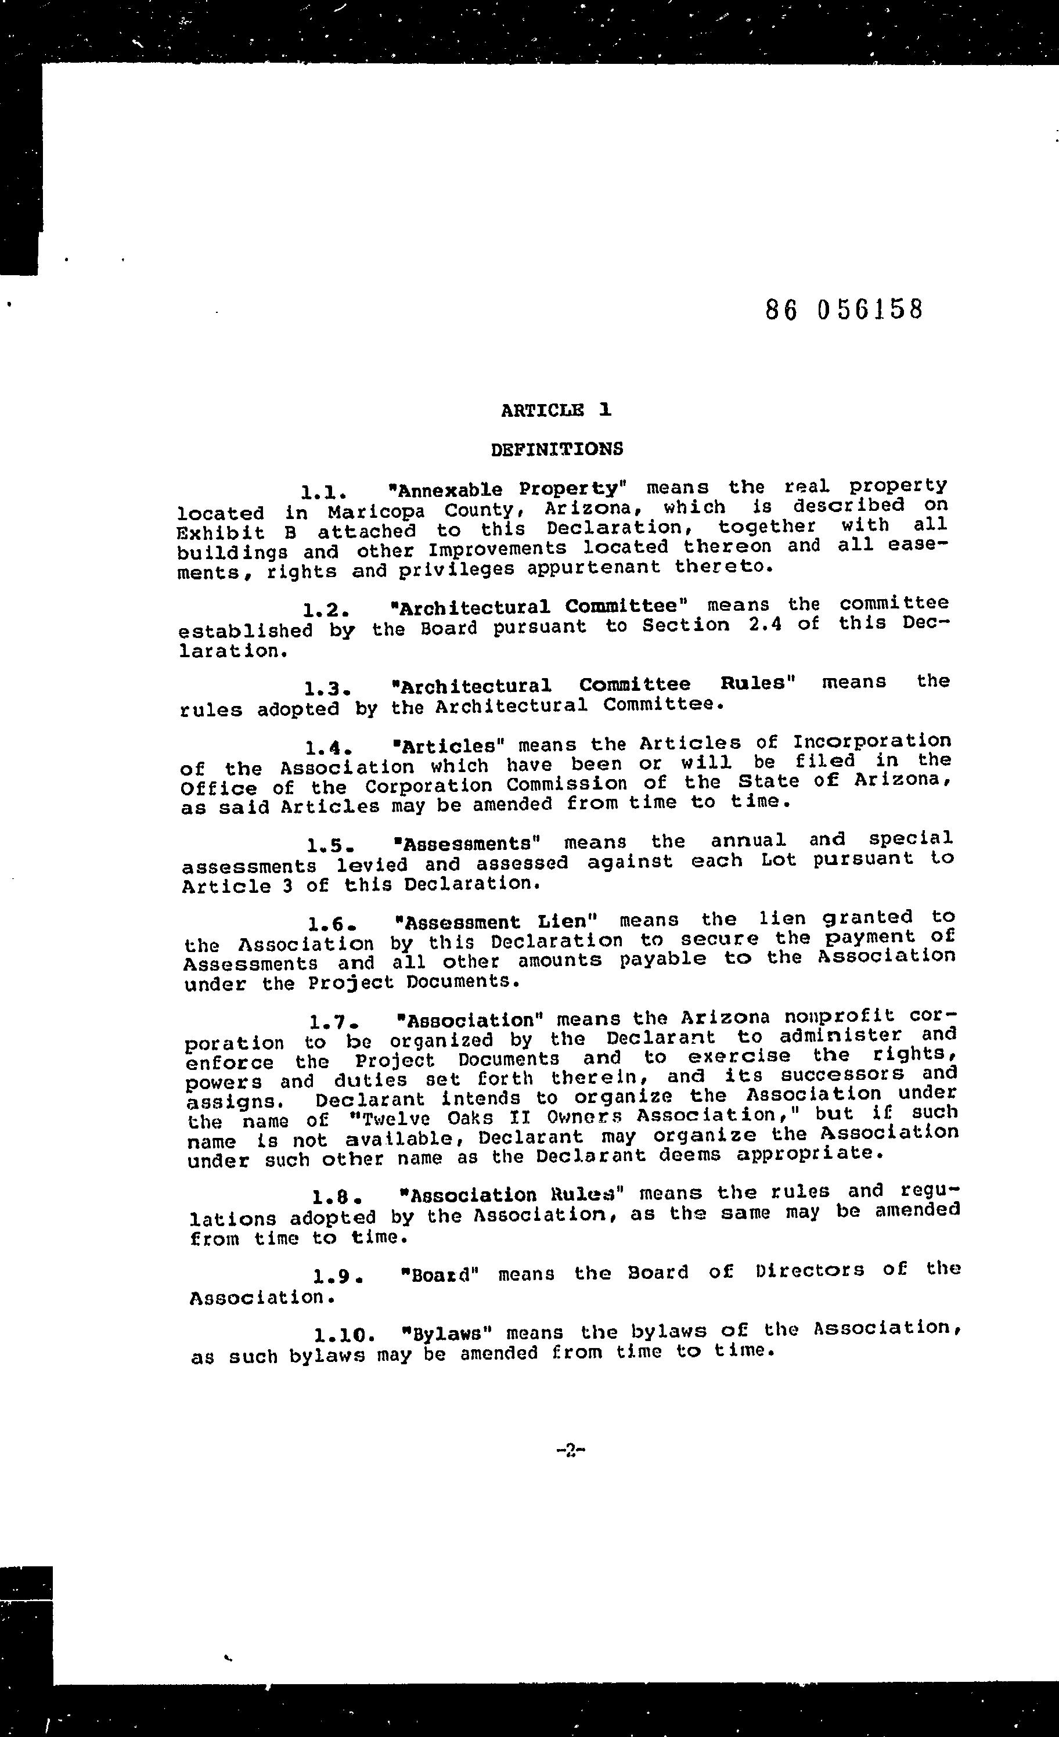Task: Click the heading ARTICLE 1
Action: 556,410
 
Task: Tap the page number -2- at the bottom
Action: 571,1451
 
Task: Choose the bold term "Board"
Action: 440,1274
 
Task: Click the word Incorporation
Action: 871,741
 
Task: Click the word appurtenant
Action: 594,568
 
